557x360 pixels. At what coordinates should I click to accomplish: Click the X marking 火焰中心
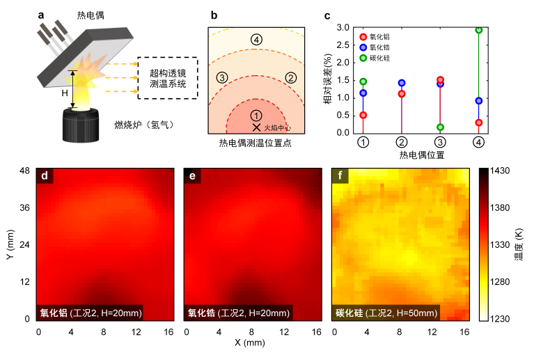pyautogui.click(x=256, y=127)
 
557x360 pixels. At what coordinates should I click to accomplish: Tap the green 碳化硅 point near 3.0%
pyautogui.click(x=479, y=30)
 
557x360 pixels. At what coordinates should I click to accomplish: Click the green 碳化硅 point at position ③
pyautogui.click(x=440, y=127)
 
